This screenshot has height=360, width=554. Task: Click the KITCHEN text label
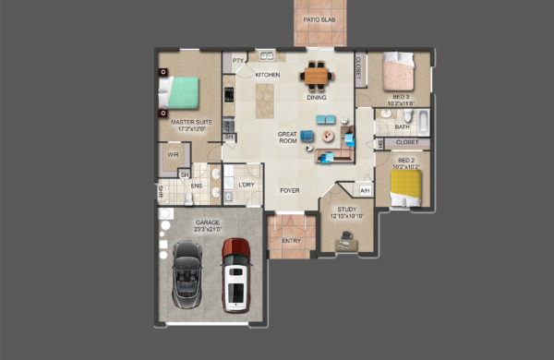268,75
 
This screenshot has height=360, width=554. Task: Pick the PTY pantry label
237,61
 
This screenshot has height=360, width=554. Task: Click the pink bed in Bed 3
398,71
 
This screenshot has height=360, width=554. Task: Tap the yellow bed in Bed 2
405,188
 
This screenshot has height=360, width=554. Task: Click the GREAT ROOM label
289,138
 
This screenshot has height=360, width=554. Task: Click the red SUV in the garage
237,274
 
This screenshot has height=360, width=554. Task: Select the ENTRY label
291,241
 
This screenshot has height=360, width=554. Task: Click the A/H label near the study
365,191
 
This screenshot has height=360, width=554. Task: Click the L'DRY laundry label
247,185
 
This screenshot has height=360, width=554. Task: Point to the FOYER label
290,190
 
